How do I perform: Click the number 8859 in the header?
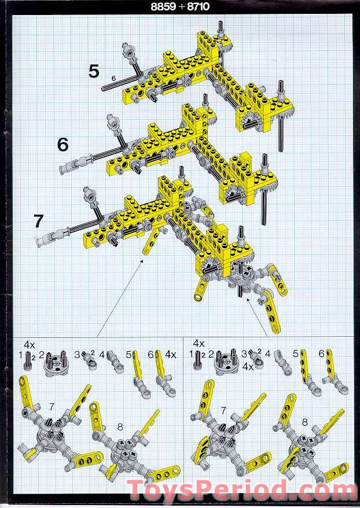tap(163, 6)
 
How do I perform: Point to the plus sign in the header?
tap(181, 6)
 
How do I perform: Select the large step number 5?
tap(94, 71)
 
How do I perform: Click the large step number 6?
tap(63, 145)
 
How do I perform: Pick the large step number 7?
tap(39, 221)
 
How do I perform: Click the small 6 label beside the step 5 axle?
tap(113, 78)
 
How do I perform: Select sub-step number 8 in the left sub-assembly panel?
tap(120, 427)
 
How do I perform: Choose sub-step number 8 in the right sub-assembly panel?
tap(304, 422)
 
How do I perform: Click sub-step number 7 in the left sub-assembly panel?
tap(52, 406)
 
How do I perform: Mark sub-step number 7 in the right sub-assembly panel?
tap(223, 410)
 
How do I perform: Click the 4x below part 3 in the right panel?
tap(248, 367)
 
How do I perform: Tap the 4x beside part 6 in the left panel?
tap(170, 355)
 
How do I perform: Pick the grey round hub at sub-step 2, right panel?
tap(226, 361)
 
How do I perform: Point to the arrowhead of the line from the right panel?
tap(248, 300)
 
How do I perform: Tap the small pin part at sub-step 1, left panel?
tap(28, 360)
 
